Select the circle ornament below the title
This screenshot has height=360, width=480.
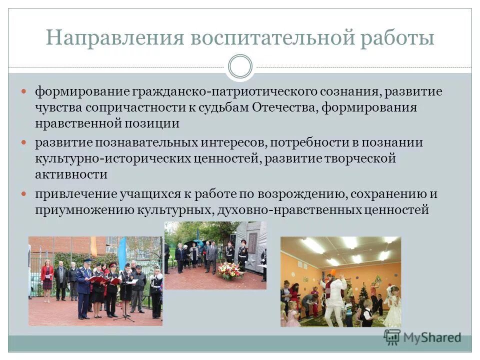coord(240,66)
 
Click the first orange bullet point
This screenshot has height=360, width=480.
coord(24,92)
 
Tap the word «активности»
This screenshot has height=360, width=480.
coord(70,174)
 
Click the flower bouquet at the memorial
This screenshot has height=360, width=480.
coord(229,270)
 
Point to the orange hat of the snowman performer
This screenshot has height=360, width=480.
coord(333,272)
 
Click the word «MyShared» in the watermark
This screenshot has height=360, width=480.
coord(431,337)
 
